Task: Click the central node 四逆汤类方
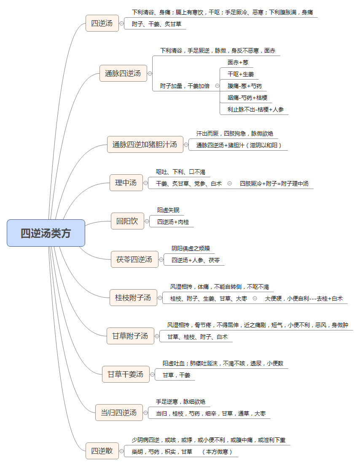click(46, 233)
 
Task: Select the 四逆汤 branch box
click(102, 23)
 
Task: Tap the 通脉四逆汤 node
click(123, 73)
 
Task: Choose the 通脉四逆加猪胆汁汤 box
click(145, 144)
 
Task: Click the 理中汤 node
click(126, 183)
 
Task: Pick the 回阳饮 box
click(127, 221)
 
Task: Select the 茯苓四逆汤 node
click(134, 259)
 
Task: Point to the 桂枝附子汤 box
click(133, 298)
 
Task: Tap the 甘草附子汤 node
click(130, 336)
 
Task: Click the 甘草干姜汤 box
click(126, 375)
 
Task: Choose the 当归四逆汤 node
click(119, 413)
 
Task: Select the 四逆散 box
click(102, 451)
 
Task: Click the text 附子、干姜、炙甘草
click(156, 24)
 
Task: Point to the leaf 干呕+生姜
click(241, 74)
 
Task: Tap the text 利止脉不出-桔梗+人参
click(255, 110)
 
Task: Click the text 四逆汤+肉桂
click(173, 222)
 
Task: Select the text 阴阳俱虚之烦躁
click(191, 248)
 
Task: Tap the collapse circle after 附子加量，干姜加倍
click(217, 86)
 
